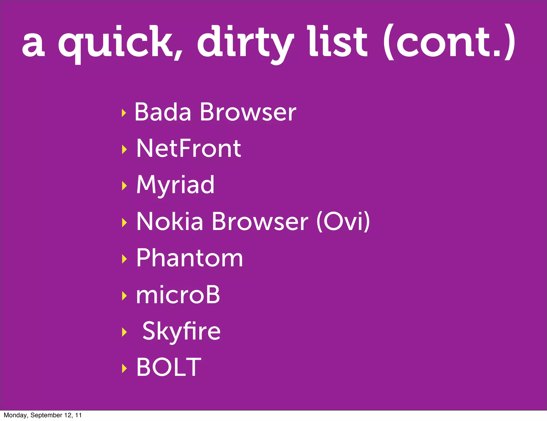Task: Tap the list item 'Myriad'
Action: point(175,185)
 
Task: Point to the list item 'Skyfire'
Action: point(181,331)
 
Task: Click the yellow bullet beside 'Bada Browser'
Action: point(123,113)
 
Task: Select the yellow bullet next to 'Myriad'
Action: point(124,186)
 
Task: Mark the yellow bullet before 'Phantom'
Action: point(124,259)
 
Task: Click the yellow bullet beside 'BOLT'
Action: point(124,368)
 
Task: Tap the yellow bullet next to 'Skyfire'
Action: point(124,332)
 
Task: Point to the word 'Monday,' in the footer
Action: point(16,415)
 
